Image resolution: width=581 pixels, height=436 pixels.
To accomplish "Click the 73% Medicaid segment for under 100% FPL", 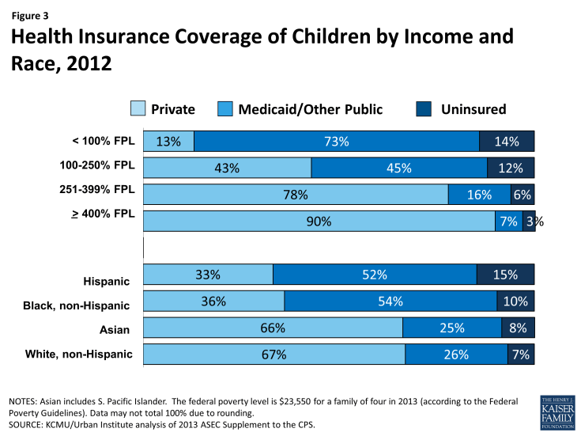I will [337, 142].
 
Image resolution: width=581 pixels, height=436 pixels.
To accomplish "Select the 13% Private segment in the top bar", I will [169, 142].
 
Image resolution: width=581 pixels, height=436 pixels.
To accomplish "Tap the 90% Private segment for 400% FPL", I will [319, 222].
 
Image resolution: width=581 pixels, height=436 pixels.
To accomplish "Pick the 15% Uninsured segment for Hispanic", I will [505, 275].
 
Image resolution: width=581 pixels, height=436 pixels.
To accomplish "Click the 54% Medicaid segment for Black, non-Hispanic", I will [390, 301].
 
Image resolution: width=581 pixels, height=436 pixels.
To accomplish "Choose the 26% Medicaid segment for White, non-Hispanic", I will [456, 354].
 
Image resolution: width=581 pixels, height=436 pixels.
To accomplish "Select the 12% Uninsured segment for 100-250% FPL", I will [511, 168].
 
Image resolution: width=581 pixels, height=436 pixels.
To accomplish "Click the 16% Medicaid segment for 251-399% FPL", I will [479, 195].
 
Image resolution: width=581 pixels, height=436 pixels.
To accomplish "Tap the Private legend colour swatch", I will [137, 109].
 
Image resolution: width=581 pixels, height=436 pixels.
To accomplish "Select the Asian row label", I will [115, 329].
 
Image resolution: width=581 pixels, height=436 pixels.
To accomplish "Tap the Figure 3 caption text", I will [30, 14].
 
